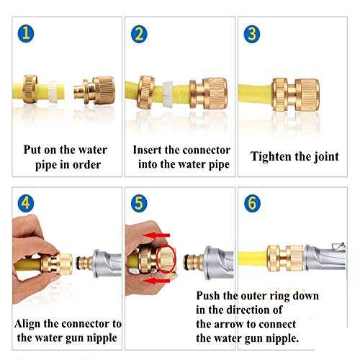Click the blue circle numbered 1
[x=26, y=34]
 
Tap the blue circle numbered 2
[x=139, y=34]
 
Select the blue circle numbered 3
[x=252, y=34]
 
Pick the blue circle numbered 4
[x=26, y=203]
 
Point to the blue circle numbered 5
[x=139, y=203]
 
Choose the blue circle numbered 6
[x=252, y=203]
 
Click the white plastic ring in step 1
[x=53, y=91]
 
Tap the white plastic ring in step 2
[x=168, y=94]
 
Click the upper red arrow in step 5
[x=156, y=235]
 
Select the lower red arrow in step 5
[x=156, y=281]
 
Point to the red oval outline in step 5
[x=166, y=259]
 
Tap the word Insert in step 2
[x=147, y=150]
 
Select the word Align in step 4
[x=27, y=325]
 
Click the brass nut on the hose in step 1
[x=30, y=89]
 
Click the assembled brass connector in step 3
[x=295, y=94]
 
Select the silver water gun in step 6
[x=325, y=258]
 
